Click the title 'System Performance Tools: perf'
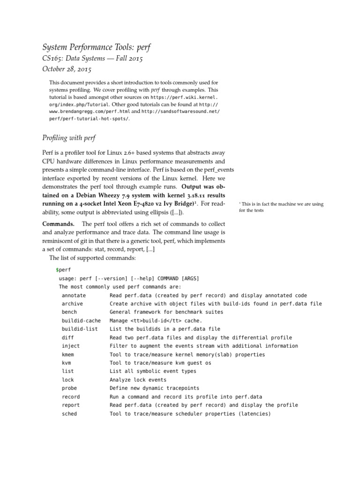click(x=97, y=47)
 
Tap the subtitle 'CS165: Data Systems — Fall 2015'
click(x=92, y=59)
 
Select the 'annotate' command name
click(x=74, y=296)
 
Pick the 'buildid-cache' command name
click(x=81, y=321)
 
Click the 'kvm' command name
click(x=66, y=363)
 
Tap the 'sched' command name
click(x=69, y=414)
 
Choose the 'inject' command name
click(x=70, y=346)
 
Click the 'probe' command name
click(x=69, y=388)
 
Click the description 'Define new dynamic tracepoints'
click(x=154, y=388)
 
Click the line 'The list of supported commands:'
click(x=92, y=258)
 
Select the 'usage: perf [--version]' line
click(x=129, y=278)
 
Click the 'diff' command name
click(x=67, y=337)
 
